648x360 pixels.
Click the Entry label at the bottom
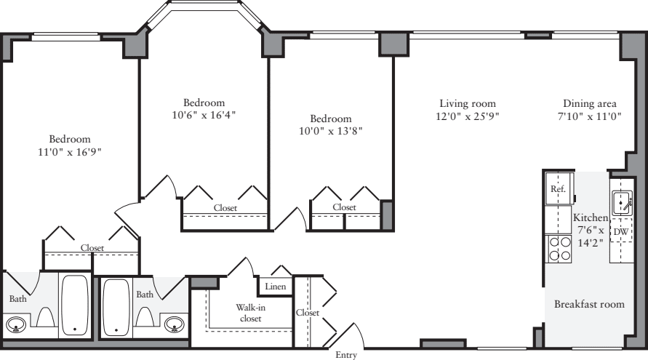point(345,355)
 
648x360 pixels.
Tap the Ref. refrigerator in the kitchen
point(558,189)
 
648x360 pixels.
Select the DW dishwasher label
point(620,232)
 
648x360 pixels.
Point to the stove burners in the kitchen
point(559,249)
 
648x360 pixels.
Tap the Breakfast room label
point(589,304)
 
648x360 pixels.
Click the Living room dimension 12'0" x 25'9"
point(468,116)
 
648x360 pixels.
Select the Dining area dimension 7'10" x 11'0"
point(591,116)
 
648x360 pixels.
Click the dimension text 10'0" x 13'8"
point(330,132)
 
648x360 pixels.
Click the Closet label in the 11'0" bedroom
point(92,248)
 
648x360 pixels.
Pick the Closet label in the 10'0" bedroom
point(345,207)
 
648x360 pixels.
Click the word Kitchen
point(590,218)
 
